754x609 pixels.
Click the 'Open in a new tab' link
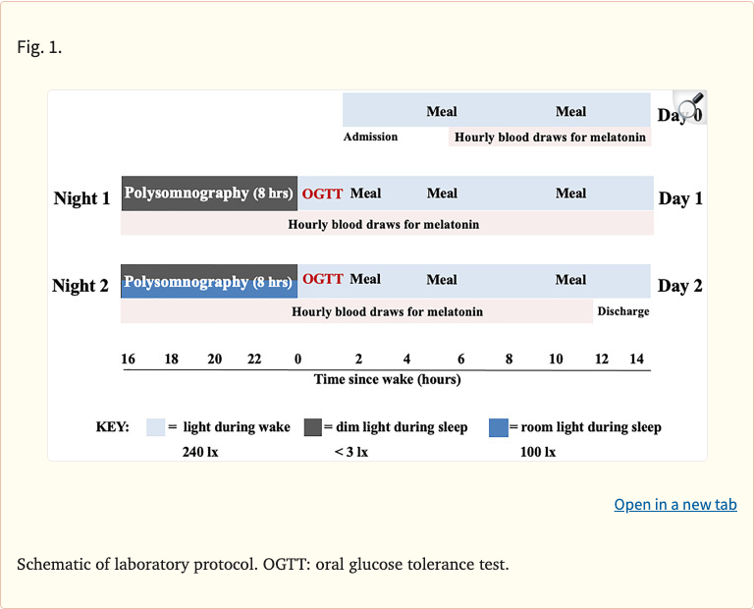[674, 504]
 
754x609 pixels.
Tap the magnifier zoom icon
[690, 107]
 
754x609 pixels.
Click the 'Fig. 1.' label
[39, 47]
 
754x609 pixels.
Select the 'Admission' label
[370, 137]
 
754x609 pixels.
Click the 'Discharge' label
[622, 311]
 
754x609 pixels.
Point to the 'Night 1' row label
[81, 198]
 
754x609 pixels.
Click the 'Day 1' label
[680, 198]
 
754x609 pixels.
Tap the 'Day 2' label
[680, 286]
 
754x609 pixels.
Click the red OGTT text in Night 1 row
[323, 194]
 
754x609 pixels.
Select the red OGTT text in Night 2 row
[323, 279]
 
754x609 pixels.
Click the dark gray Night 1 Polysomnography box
[208, 194]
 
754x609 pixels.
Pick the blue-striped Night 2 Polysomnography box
[208, 282]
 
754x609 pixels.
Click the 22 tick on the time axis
[254, 360]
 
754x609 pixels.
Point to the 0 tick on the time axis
[297, 360]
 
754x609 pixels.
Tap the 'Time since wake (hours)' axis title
[387, 379]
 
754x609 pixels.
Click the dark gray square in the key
[313, 427]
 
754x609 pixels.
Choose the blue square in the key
[498, 427]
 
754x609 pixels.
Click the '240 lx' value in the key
[200, 452]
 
